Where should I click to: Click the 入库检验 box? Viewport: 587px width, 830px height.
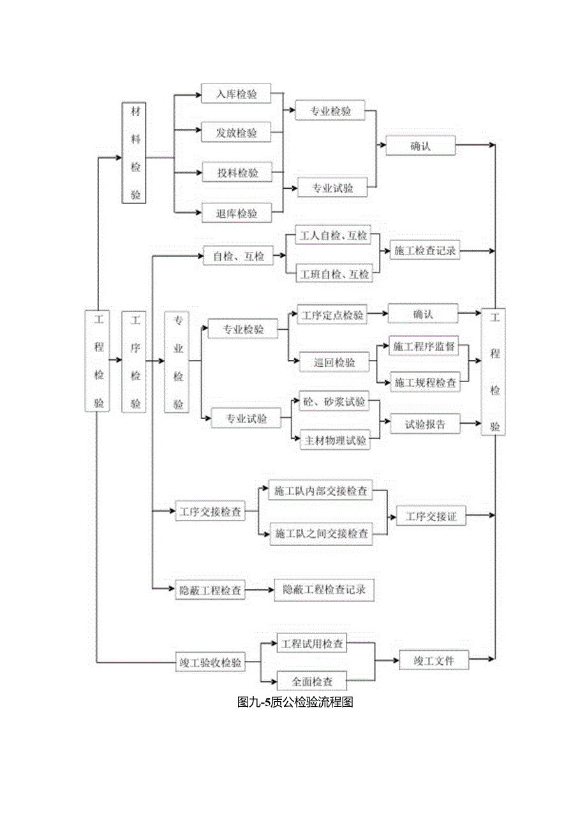pyautogui.click(x=235, y=94)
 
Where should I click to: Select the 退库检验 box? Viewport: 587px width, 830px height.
pyautogui.click(x=235, y=214)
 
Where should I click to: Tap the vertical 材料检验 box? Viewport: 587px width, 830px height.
pyautogui.click(x=135, y=152)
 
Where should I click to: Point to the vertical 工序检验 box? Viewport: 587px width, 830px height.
pyautogui.click(x=135, y=362)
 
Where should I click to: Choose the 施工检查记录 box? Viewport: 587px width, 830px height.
pyautogui.click(x=424, y=251)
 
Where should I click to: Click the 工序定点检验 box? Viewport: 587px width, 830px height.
pyautogui.click(x=332, y=315)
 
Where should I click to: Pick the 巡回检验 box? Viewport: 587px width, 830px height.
pyautogui.click(x=334, y=362)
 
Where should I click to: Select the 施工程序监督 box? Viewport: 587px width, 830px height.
pyautogui.click(x=424, y=347)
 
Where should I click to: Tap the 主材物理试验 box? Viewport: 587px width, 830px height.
pyautogui.click(x=335, y=440)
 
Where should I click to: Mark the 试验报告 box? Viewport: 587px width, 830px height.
pyautogui.click(x=425, y=423)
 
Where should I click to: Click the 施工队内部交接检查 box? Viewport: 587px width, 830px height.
pyautogui.click(x=320, y=491)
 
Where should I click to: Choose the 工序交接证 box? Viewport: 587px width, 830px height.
pyautogui.click(x=431, y=516)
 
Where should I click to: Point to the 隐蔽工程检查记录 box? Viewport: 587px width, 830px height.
pyautogui.click(x=323, y=591)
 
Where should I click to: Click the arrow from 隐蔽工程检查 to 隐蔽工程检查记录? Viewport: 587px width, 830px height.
pyautogui.click(x=260, y=591)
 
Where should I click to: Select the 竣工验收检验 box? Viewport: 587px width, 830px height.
pyautogui.click(x=210, y=662)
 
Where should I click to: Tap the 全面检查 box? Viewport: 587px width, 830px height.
pyautogui.click(x=313, y=680)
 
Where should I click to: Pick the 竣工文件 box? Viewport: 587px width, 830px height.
pyautogui.click(x=433, y=660)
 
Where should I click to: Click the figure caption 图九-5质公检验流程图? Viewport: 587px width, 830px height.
pyautogui.click(x=295, y=703)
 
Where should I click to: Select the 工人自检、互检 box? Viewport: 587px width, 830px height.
pyautogui.click(x=334, y=236)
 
